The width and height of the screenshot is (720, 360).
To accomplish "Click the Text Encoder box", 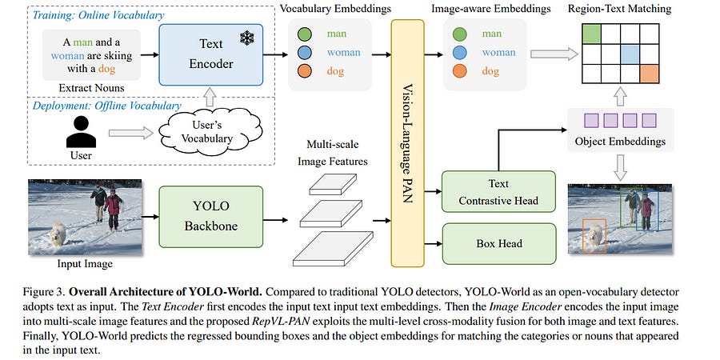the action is [x=211, y=54].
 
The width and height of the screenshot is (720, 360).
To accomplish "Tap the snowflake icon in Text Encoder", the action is [x=247, y=38].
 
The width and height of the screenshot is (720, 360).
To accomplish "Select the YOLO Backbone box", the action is [x=211, y=217].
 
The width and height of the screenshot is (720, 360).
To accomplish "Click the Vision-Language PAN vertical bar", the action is [x=407, y=143].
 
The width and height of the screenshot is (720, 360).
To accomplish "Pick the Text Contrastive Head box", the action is [x=498, y=191].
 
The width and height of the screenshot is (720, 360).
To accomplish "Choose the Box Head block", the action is [x=498, y=243].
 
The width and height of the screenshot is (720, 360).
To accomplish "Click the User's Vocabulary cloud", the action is [x=206, y=133].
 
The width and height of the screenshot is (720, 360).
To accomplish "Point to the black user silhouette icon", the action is [x=82, y=132].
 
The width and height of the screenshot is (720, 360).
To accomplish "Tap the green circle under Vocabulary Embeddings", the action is [x=305, y=34].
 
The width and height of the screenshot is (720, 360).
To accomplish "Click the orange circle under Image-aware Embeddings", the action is [x=460, y=71].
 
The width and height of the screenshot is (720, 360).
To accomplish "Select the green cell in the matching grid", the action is [x=592, y=34].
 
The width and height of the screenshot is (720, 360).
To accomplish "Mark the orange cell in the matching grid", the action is [x=650, y=74].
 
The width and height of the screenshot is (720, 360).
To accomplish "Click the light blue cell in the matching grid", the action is [x=630, y=54].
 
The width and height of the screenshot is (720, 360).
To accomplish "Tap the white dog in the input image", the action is [x=58, y=234].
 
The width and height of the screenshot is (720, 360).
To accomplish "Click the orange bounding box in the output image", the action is [x=594, y=235].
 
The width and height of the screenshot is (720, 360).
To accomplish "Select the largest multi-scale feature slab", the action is [x=334, y=249].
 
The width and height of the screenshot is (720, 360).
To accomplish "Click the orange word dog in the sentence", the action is [x=106, y=70].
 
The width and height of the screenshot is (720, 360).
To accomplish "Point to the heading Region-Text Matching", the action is [x=619, y=8].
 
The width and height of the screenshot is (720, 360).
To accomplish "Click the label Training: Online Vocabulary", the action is [x=98, y=14].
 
